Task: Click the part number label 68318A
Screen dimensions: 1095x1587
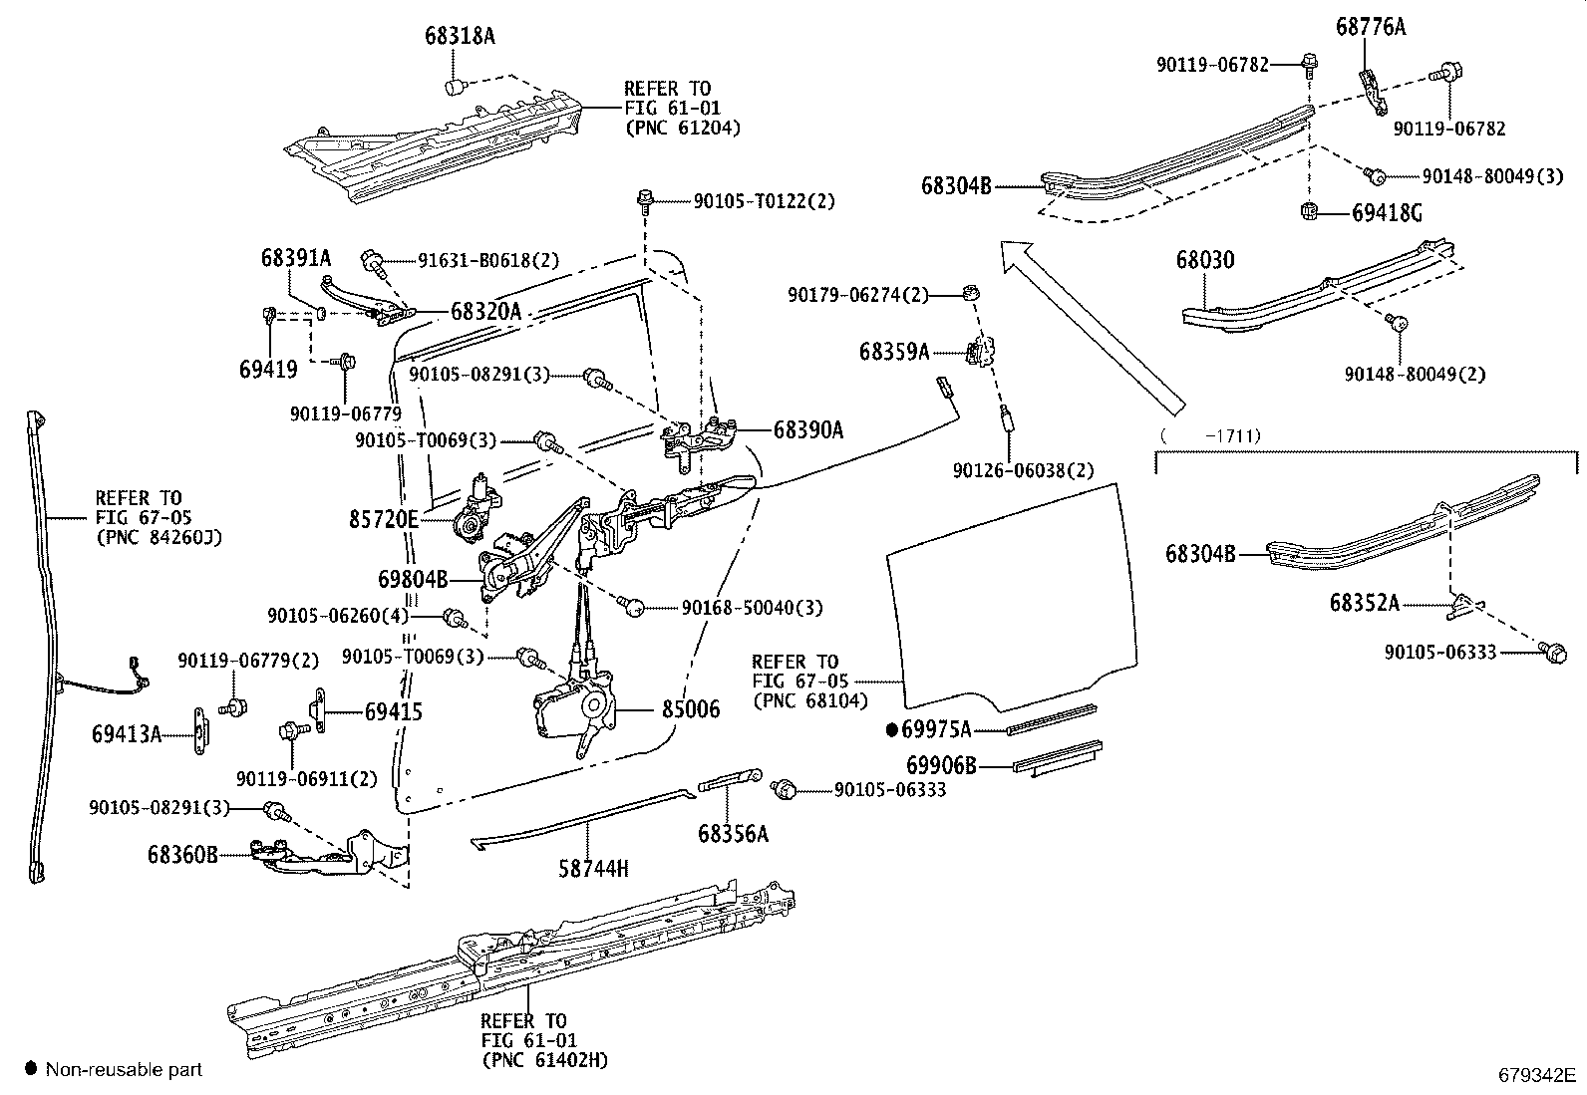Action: click(459, 37)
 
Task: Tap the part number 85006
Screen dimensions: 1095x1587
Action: click(690, 709)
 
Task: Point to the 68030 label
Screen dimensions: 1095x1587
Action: click(1204, 261)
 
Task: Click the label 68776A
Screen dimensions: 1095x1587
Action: click(1371, 28)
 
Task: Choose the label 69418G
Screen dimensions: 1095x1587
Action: click(1387, 213)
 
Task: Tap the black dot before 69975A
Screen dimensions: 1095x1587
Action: click(892, 729)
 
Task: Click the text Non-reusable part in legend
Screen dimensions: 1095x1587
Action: click(124, 1070)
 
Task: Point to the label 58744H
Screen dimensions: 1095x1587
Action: click(593, 868)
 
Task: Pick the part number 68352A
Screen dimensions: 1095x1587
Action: click(1364, 603)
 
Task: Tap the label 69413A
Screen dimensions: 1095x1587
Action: click(126, 734)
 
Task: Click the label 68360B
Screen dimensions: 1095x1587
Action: click(182, 854)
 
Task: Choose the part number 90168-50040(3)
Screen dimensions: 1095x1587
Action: click(752, 607)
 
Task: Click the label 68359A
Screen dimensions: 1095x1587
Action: click(894, 352)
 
